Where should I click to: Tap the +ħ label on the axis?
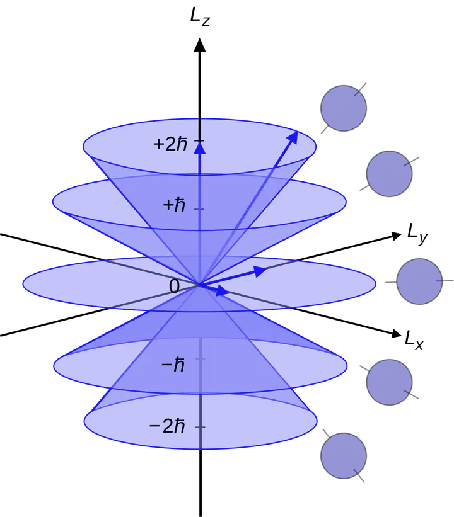(x=173, y=205)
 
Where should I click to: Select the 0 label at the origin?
(x=174, y=287)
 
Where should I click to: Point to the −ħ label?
(x=173, y=365)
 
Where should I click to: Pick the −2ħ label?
(x=167, y=426)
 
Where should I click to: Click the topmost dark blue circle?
(x=344, y=108)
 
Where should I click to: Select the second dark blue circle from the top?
(x=389, y=173)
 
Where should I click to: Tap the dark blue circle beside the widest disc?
(x=419, y=281)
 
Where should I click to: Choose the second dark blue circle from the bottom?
(x=389, y=382)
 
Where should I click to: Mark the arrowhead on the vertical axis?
(x=200, y=149)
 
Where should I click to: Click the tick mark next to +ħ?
(x=200, y=208)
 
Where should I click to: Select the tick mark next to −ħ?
(x=200, y=358)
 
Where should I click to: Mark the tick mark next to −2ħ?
(x=200, y=427)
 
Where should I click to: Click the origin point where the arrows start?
(x=199, y=285)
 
